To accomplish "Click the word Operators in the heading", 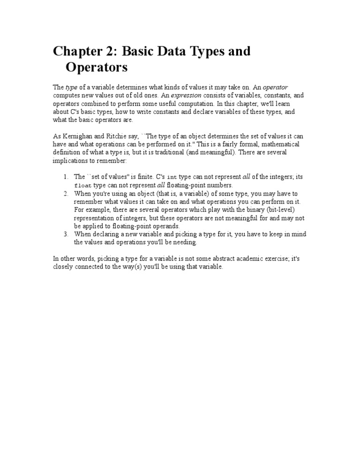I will [97, 68].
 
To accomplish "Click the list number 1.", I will [65, 177].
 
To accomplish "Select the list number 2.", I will [65, 194].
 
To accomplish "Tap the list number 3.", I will [65, 234].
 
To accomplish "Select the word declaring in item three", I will [105, 234].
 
